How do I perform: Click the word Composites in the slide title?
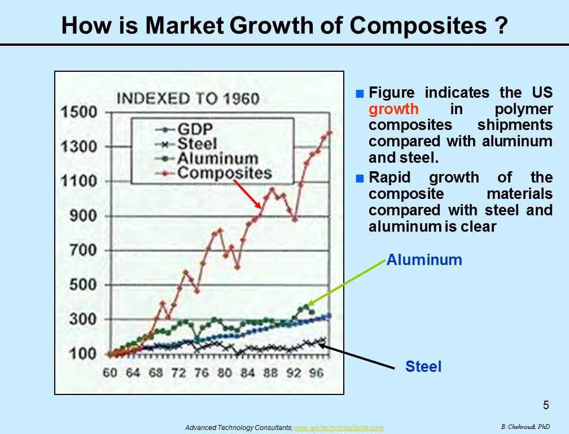click(418, 26)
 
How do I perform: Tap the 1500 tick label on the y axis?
click(79, 112)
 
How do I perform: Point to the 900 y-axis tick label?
click(84, 216)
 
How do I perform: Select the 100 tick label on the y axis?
click(84, 353)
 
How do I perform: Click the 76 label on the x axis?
click(202, 372)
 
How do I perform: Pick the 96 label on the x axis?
click(316, 372)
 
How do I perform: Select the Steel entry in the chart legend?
click(186, 144)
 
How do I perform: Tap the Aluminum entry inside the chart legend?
click(207, 159)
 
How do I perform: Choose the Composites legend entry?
click(213, 173)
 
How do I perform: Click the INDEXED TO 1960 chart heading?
click(188, 98)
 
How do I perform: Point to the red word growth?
click(394, 109)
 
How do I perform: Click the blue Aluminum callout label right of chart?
click(424, 260)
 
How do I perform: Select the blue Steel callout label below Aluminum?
click(423, 366)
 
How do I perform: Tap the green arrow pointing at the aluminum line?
click(346, 283)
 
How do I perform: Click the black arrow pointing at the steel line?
click(356, 356)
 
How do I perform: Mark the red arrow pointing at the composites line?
click(247, 194)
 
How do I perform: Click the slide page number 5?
click(546, 405)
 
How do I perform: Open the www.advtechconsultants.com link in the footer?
click(339, 428)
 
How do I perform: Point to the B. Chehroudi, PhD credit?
click(526, 427)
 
